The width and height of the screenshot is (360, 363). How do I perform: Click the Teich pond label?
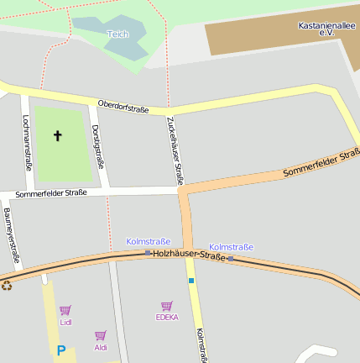(x=117, y=34)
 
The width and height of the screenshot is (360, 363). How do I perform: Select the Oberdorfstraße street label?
(x=123, y=106)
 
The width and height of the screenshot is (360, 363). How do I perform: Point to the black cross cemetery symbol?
(x=58, y=135)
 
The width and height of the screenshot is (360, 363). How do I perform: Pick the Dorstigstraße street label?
(x=98, y=145)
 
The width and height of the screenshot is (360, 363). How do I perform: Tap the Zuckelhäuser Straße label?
(x=175, y=150)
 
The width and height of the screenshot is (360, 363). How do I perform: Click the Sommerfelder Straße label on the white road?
(x=51, y=193)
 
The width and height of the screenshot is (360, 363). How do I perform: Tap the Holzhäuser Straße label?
(x=189, y=254)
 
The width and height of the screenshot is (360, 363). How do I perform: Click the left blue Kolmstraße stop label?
(x=148, y=241)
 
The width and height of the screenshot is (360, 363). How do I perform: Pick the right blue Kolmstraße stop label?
(x=231, y=247)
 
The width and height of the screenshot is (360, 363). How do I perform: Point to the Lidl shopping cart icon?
(x=65, y=310)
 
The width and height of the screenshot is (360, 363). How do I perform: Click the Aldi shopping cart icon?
(x=101, y=335)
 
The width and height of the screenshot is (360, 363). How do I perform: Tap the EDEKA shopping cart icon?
(x=167, y=306)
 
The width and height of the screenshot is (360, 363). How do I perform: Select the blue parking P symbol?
(x=60, y=350)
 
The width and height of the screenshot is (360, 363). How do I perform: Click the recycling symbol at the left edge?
(x=7, y=285)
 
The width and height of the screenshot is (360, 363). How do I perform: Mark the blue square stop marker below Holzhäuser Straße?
(x=191, y=281)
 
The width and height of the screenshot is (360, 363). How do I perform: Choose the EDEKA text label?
(x=167, y=318)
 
